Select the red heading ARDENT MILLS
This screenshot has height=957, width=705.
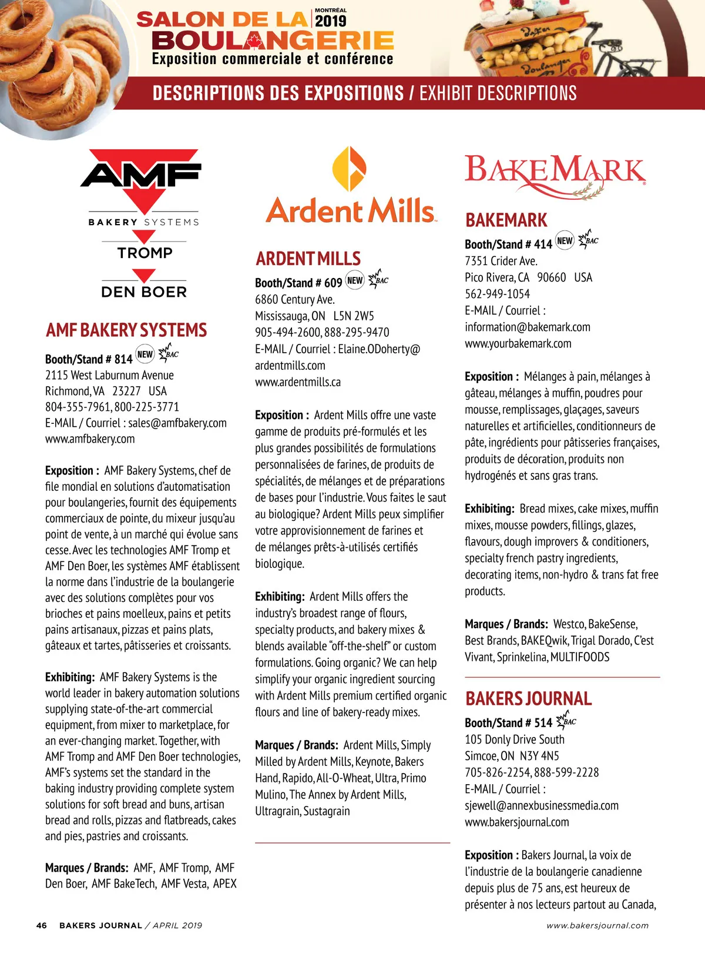click(308, 259)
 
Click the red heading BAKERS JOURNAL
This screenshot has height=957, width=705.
click(528, 698)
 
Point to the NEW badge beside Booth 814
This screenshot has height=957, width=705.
click(145, 354)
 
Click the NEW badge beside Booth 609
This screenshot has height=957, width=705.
click(355, 280)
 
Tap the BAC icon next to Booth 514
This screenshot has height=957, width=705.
click(568, 720)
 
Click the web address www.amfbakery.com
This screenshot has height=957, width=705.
click(90, 439)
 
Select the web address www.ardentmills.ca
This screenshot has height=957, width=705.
click(298, 382)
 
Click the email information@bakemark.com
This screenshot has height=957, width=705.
click(528, 327)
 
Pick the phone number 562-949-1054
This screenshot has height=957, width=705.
click(497, 294)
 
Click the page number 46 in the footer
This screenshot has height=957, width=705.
click(41, 925)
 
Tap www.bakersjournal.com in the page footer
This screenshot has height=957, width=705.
click(597, 925)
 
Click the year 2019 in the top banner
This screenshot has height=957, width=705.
click(330, 21)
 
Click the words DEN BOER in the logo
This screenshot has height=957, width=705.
click(144, 292)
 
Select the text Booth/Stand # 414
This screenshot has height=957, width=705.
click(508, 245)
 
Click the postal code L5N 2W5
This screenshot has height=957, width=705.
click(354, 316)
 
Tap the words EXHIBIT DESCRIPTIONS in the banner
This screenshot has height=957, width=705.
click(498, 93)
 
